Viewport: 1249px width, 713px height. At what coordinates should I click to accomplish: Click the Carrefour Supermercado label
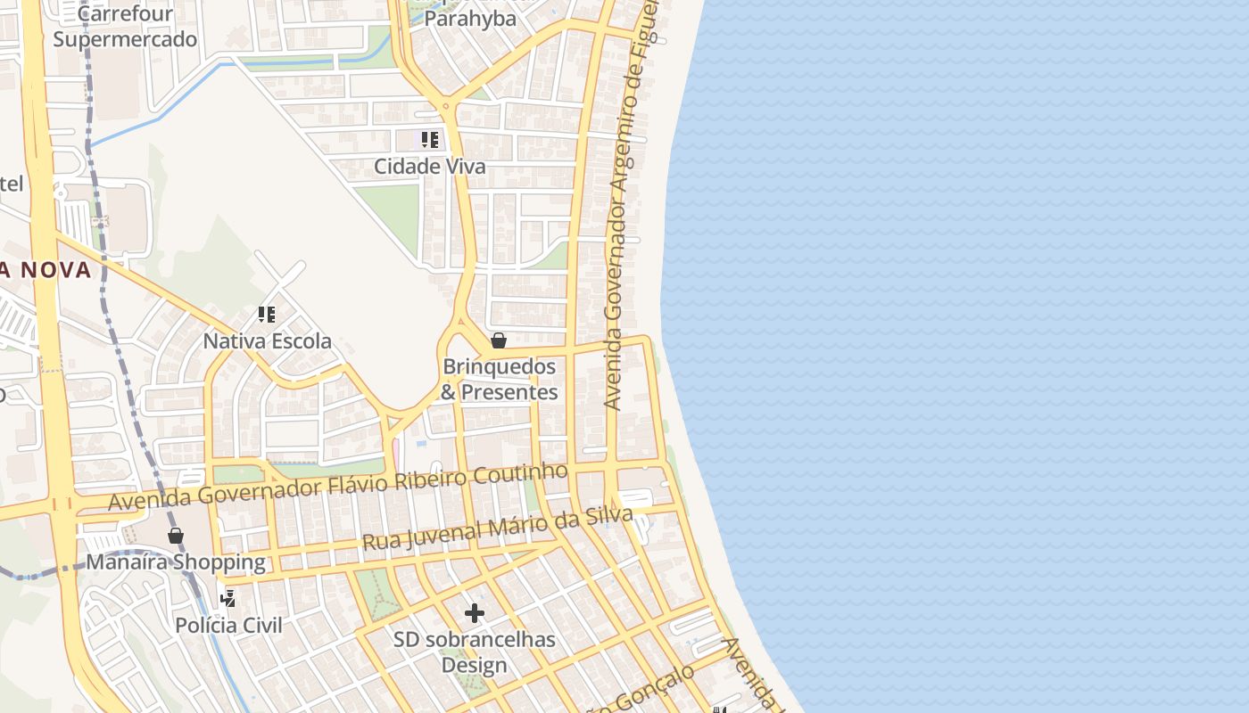coord(125,27)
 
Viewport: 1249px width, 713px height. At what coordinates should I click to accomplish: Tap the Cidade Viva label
coord(430,167)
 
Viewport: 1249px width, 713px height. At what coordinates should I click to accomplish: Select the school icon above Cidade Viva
coord(430,140)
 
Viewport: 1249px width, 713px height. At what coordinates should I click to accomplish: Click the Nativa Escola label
coord(268,341)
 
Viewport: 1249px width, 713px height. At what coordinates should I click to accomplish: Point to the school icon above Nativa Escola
coord(266,315)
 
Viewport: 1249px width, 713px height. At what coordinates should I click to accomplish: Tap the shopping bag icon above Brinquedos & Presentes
coord(499,340)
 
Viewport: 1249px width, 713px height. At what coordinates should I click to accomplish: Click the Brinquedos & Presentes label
coord(500,380)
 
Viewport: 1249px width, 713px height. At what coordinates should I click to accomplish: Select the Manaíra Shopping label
coord(176,562)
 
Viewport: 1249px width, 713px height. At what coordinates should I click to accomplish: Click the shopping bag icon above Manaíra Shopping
coord(176,536)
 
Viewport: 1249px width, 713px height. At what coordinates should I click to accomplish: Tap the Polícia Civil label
coord(228,625)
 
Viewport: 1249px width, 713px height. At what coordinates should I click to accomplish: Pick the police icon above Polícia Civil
coord(228,598)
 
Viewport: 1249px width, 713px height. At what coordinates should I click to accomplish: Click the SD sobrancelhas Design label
coord(475,652)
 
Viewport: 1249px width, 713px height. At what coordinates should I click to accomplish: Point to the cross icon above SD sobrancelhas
coord(475,613)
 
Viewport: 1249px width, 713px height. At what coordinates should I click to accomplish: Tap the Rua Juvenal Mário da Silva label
coord(497,529)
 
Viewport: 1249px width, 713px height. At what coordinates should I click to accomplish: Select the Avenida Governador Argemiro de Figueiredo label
coord(628,205)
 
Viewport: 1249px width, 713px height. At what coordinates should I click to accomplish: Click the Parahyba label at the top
coord(470,19)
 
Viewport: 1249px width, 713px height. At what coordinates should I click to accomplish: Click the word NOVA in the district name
coord(57,270)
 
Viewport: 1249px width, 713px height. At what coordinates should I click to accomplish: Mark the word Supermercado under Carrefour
coord(125,39)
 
